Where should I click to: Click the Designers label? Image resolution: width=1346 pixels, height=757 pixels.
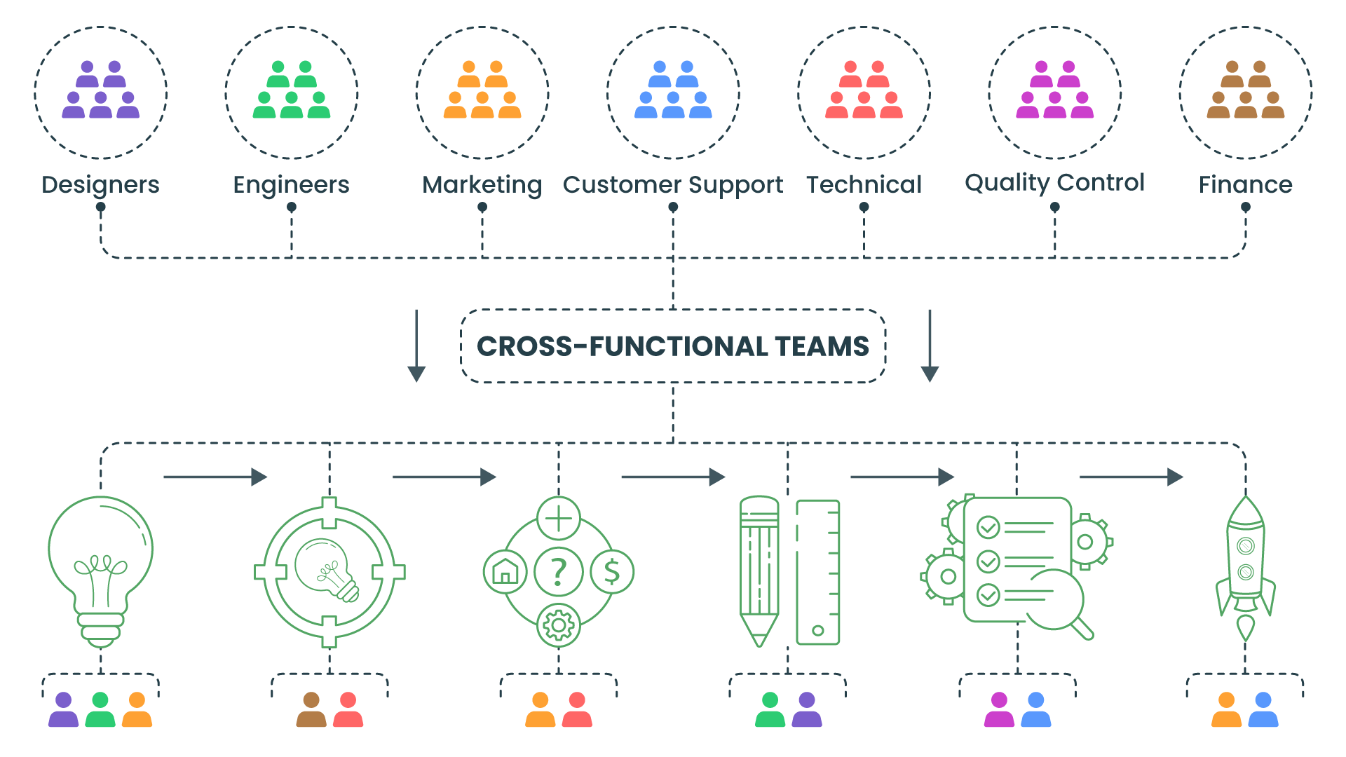[x=100, y=184]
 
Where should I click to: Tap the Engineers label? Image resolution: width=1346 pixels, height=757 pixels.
[x=291, y=185]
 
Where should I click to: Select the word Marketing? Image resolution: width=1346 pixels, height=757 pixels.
[x=482, y=185]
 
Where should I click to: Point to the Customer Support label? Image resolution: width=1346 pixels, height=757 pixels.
[x=673, y=185]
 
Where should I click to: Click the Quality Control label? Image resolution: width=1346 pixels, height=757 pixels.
[x=1054, y=183]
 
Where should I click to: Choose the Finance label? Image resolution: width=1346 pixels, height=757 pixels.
[x=1246, y=184]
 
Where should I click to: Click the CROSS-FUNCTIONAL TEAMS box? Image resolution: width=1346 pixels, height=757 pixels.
[x=673, y=346]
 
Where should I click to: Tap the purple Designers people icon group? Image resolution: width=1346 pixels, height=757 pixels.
[x=101, y=89]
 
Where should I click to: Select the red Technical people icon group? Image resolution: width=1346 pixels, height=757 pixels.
[x=864, y=89]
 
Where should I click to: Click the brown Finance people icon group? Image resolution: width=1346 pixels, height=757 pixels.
[x=1246, y=89]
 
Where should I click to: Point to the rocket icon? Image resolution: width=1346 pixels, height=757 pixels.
[x=1246, y=568]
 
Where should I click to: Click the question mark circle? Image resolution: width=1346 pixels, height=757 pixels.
[x=559, y=572]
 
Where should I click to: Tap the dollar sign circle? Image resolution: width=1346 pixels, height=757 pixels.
[x=612, y=572]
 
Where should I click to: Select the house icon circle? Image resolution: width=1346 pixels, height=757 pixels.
[x=505, y=572]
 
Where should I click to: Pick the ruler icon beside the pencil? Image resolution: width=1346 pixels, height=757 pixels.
[x=818, y=572]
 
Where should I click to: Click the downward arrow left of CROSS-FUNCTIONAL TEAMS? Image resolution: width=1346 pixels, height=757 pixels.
[x=416, y=346]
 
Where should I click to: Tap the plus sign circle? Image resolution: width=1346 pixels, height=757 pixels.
[x=559, y=519]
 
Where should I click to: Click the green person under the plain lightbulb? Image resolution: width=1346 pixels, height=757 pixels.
[x=100, y=709]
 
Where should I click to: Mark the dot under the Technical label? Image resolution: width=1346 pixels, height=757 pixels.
[x=864, y=207]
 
